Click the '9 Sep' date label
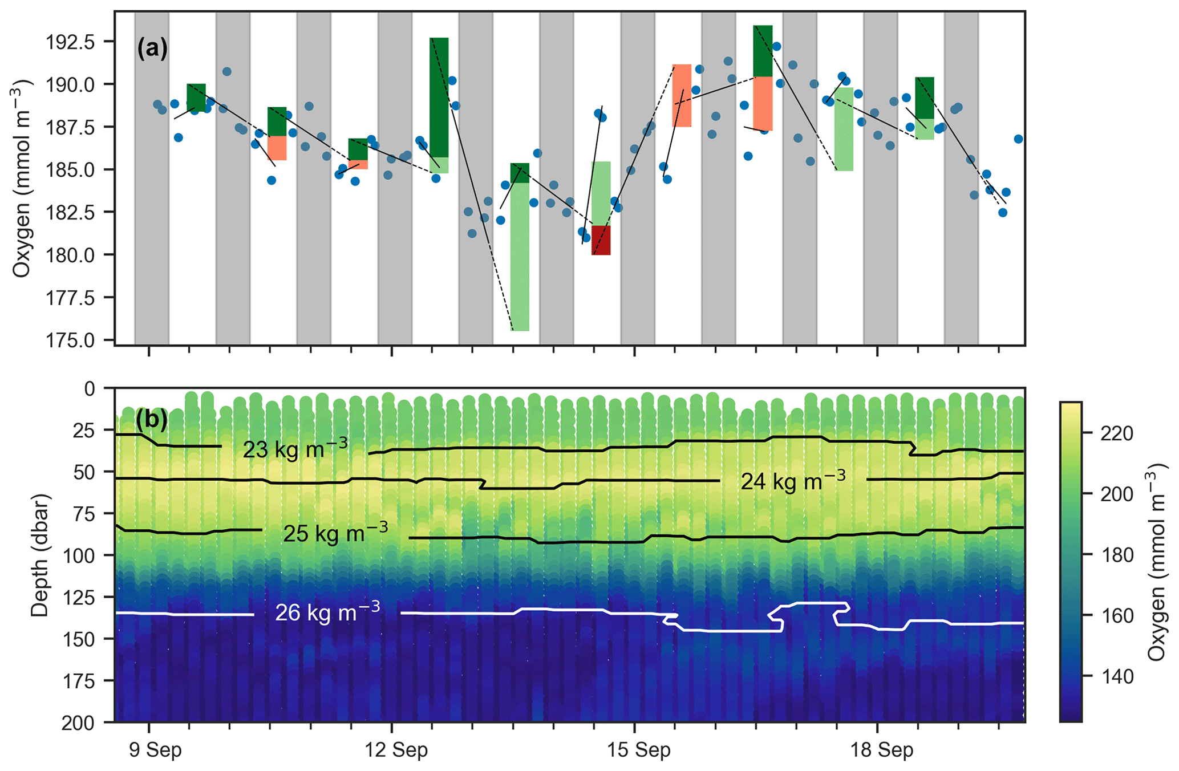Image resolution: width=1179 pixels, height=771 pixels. (155, 750)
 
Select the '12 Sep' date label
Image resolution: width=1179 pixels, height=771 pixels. (396, 750)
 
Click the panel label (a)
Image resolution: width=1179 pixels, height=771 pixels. (152, 49)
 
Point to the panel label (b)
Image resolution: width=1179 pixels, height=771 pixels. (152, 420)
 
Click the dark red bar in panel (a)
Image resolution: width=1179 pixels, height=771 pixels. (601, 240)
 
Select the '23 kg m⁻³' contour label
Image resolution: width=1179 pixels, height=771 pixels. (295, 449)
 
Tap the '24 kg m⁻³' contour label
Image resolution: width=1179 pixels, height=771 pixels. (793, 481)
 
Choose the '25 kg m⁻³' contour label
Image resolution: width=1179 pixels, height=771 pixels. (335, 533)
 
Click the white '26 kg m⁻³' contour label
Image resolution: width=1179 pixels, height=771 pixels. (327, 612)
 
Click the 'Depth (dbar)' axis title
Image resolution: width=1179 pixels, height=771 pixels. (40, 555)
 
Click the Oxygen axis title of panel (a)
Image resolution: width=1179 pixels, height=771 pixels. (22, 178)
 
